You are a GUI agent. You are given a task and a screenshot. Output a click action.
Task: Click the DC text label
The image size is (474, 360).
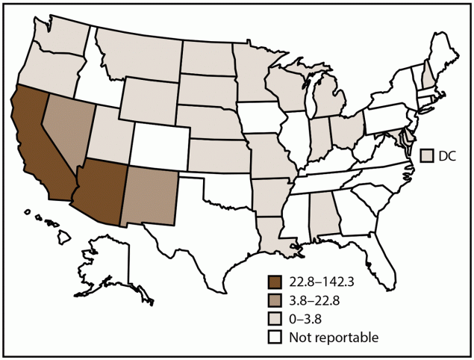click(449, 156)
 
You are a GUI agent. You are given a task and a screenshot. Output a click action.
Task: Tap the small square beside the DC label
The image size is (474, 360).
click(428, 156)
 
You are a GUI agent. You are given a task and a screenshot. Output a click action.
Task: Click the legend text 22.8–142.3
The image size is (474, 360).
click(324, 283)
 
